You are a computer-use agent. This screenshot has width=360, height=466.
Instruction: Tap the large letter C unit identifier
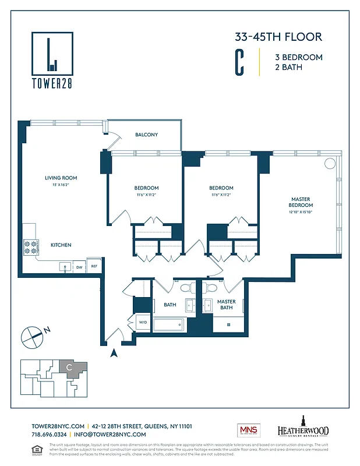(x=239, y=63)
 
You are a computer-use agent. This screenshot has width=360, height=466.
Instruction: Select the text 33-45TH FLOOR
(x=278, y=37)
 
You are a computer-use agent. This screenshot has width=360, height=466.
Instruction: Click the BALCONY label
(x=146, y=135)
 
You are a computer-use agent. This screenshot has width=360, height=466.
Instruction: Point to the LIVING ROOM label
(x=61, y=178)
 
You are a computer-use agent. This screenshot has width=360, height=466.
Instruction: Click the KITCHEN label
(x=61, y=245)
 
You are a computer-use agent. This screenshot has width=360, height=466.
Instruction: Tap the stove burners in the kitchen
(x=30, y=246)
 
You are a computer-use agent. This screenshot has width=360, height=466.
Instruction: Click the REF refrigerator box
(x=94, y=266)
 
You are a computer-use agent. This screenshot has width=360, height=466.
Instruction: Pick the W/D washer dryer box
(x=143, y=322)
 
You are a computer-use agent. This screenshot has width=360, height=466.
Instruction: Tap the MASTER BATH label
(x=226, y=305)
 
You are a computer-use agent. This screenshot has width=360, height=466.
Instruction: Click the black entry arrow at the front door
(x=114, y=351)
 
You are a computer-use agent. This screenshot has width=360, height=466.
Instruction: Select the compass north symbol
(x=32, y=336)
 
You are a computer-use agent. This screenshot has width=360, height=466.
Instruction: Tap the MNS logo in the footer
(x=248, y=430)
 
